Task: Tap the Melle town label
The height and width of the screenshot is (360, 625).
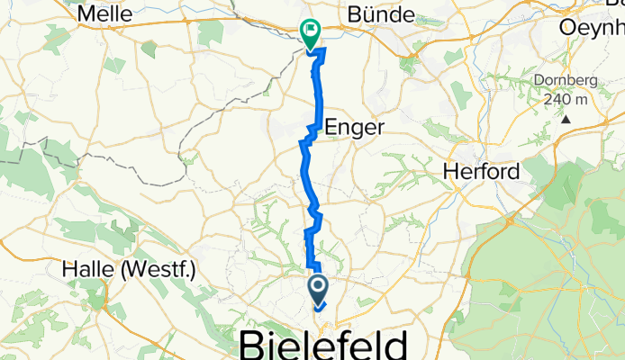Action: point(105,13)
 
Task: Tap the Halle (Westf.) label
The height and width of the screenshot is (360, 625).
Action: point(128,268)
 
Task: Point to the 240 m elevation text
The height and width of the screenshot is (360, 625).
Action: point(566,99)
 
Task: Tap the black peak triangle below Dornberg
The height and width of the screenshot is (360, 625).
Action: point(566,118)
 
